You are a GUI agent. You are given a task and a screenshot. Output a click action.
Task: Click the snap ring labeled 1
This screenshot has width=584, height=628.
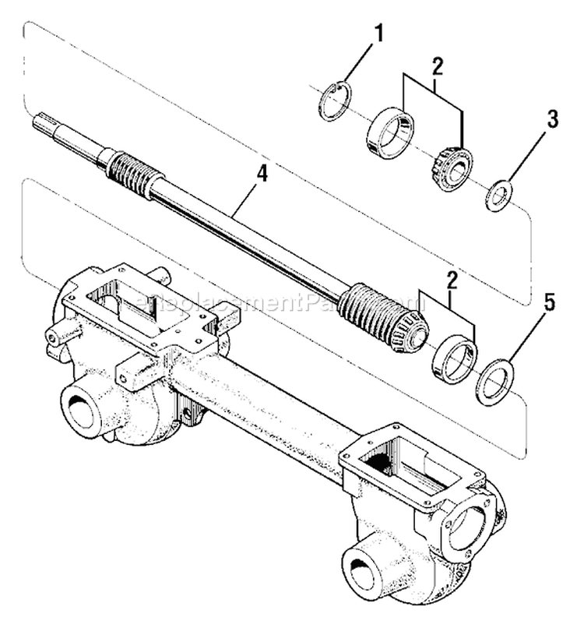[x=335, y=102]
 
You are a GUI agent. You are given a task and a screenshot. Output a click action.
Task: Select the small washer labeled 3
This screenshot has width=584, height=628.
[x=498, y=195]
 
